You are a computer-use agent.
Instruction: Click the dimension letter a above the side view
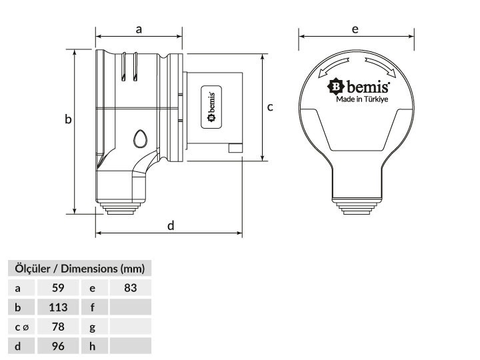pos(139,30)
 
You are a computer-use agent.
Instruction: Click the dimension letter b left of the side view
pos(68,119)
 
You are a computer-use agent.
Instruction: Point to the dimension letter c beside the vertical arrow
pos(270,107)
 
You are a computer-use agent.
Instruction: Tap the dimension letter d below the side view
pos(171,225)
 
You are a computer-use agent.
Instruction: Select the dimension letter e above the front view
pos(355,29)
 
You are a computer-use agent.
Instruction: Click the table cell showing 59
pos(58,288)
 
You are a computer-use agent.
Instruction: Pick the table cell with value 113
pos(58,307)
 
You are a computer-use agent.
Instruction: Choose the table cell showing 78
pos(58,327)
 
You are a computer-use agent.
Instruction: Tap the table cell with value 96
pos(58,346)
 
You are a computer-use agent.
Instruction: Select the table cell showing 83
pos(131,288)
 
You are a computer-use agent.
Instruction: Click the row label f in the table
pos(93,307)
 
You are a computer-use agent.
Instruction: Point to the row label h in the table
pos(93,346)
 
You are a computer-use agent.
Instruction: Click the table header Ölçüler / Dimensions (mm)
pos(79,269)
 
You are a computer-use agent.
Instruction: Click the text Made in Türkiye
pos(362,99)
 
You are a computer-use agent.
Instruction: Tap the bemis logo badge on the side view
pos(211,107)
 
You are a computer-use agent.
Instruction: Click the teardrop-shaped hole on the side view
pos(140,139)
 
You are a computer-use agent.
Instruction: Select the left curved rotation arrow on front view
pos(334,67)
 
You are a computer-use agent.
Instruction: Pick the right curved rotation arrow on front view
pos(381,67)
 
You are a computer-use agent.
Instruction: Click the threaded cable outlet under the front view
pos(357,206)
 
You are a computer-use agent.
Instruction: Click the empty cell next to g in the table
pos(131,327)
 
